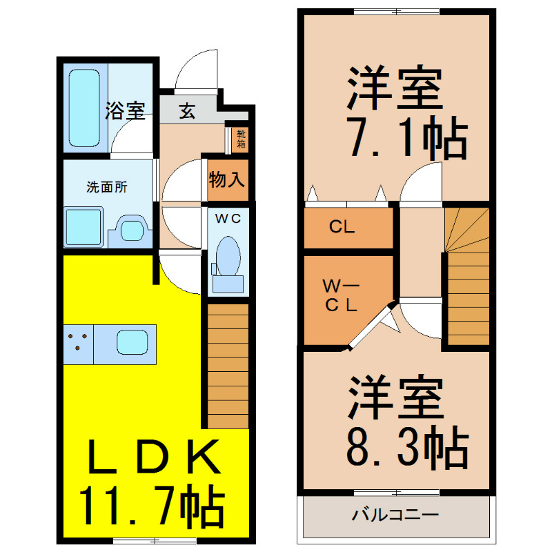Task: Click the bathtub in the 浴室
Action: click(x=84, y=108)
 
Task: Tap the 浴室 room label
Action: click(x=126, y=110)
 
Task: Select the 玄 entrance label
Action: click(x=187, y=111)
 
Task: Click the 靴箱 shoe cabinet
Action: click(x=240, y=139)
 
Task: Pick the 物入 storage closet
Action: click(x=228, y=180)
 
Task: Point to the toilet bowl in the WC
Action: click(x=228, y=256)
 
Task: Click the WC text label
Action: click(x=228, y=219)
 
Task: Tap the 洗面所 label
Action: click(x=107, y=187)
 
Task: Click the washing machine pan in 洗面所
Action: click(x=83, y=227)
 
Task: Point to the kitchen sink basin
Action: click(x=132, y=342)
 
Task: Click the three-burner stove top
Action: click(x=79, y=344)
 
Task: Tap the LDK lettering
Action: click(x=154, y=457)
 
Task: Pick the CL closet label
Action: click(x=342, y=227)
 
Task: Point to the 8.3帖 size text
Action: click(x=408, y=447)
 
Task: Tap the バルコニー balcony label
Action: click(x=395, y=515)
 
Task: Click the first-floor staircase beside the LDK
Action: click(x=228, y=366)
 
